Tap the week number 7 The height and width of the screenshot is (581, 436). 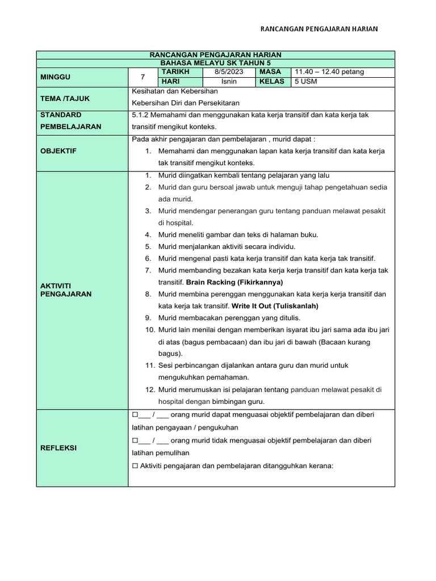coord(143,77)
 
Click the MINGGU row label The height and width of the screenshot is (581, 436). coord(56,77)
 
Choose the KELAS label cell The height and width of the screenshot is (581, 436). coord(272,82)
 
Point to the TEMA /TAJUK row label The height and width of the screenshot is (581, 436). coord(65,98)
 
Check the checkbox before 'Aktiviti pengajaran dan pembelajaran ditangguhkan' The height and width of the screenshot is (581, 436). coord(135,466)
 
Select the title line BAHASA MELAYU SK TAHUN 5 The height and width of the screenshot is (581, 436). coord(215,62)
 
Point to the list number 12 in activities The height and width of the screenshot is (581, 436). coord(150,389)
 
